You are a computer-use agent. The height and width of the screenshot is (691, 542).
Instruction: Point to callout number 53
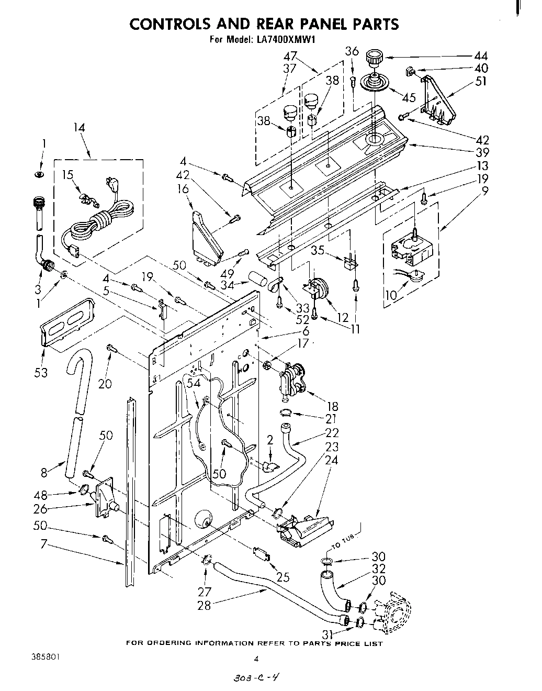[41, 372]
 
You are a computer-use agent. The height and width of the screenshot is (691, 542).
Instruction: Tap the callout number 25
[283, 577]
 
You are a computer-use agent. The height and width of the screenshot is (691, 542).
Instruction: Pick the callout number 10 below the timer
[391, 295]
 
